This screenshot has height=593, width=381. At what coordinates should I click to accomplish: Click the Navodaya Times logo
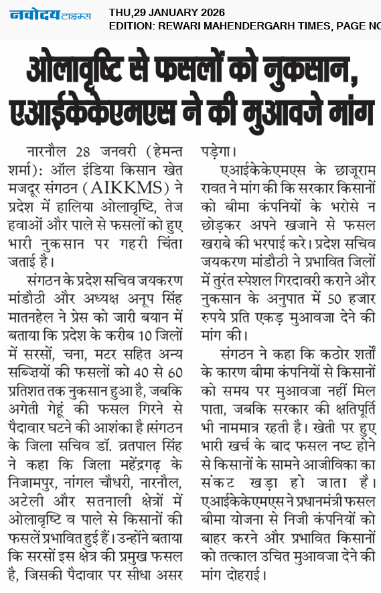click(50, 15)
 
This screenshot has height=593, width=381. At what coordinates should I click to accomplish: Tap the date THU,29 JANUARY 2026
click(167, 12)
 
